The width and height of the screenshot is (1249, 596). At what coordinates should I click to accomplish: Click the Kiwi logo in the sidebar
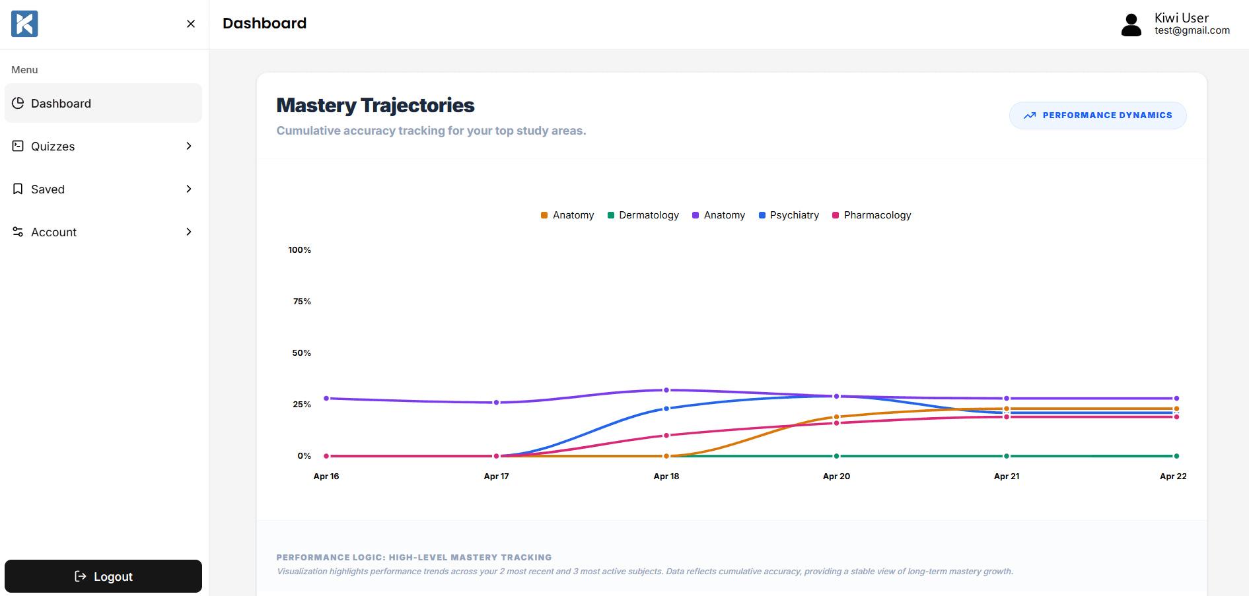coord(24,24)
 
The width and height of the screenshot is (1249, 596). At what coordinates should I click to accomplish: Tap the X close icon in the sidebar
coord(191,24)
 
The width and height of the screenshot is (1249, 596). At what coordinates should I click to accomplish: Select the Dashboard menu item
coord(103,103)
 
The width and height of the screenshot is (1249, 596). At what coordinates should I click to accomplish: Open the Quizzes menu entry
coord(103,146)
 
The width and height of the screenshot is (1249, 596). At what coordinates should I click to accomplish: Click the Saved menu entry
coord(103,189)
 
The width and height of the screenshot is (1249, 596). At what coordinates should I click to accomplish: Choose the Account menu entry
coord(103,232)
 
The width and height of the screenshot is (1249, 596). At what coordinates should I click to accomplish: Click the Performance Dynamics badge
coord(1098,116)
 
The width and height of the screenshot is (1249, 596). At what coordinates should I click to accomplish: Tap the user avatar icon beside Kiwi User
coord(1131,25)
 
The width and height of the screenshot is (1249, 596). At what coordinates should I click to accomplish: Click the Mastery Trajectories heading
coord(375,105)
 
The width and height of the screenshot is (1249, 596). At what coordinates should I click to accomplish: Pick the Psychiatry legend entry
coord(789,215)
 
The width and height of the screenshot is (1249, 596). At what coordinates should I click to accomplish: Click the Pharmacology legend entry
coord(871,215)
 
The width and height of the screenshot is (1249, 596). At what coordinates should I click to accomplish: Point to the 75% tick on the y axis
coord(302,302)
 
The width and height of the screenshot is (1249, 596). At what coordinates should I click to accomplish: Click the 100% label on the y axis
coord(299,250)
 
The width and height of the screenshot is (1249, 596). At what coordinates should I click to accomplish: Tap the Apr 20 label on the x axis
coord(836,477)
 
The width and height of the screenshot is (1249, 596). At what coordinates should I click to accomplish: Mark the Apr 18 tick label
coord(666,477)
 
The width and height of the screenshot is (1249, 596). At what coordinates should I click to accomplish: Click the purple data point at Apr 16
coord(326,399)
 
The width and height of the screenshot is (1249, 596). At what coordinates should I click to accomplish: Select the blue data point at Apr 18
coord(666,409)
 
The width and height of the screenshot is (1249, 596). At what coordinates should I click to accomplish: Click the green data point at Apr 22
coord(1176,456)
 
